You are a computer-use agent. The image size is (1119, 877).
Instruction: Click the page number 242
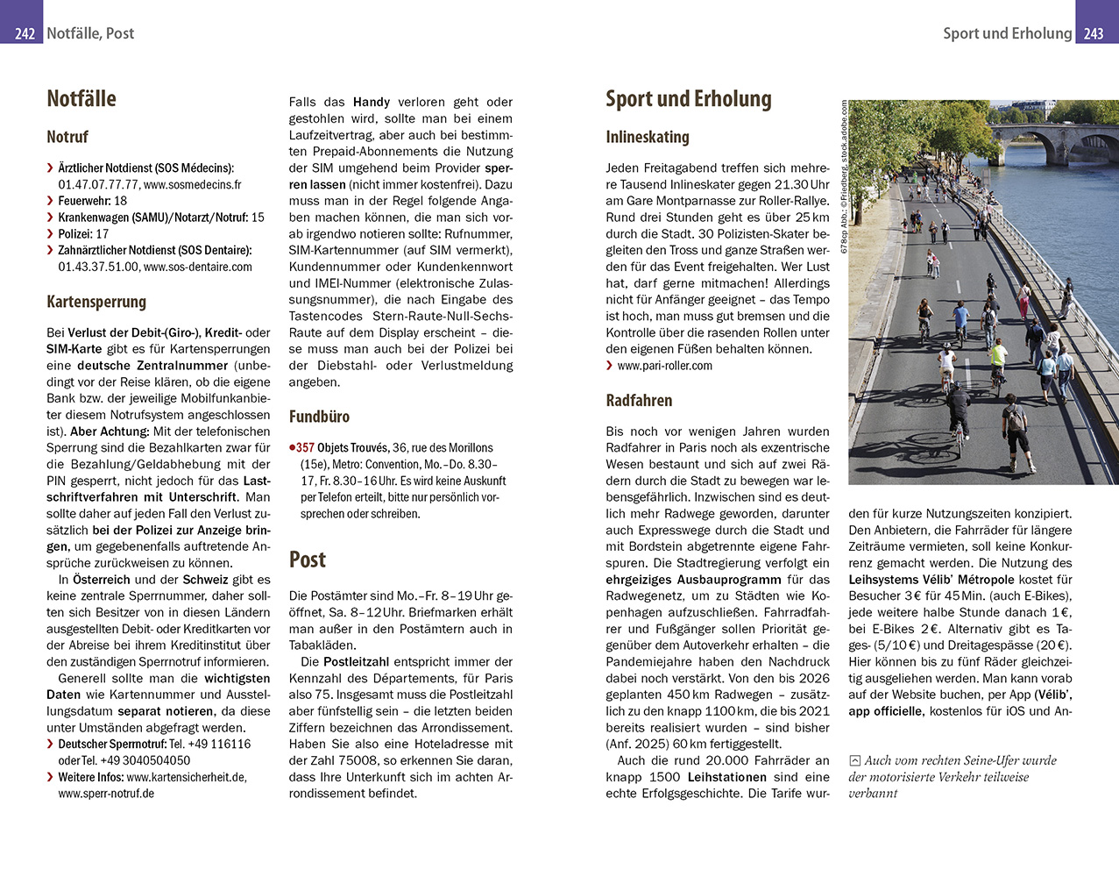(x=25, y=33)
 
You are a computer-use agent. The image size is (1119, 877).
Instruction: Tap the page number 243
(x=1094, y=33)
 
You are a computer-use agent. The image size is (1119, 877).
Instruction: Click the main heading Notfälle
(x=81, y=99)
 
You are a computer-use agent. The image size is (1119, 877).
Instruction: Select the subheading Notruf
(x=67, y=138)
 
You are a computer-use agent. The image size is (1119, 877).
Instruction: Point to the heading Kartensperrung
(x=96, y=303)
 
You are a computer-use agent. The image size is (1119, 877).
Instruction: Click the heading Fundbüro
(x=319, y=417)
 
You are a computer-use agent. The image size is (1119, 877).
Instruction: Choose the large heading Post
(x=307, y=560)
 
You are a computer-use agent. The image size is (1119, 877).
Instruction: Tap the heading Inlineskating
(x=648, y=138)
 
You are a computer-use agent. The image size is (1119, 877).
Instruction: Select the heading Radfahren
(x=639, y=401)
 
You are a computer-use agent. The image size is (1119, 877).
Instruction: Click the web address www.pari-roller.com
(x=664, y=366)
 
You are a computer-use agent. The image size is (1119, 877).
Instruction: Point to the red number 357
(x=304, y=448)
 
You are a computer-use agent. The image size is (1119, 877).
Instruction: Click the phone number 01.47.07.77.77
(x=98, y=185)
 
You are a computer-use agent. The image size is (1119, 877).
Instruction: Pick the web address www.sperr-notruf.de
(x=106, y=794)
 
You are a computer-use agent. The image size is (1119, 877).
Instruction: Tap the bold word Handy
(x=372, y=103)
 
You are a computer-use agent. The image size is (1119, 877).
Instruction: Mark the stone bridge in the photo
(x=1052, y=140)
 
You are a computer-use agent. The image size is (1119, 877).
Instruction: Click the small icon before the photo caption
(x=855, y=761)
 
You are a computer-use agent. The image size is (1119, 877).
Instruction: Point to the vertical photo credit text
(x=844, y=175)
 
